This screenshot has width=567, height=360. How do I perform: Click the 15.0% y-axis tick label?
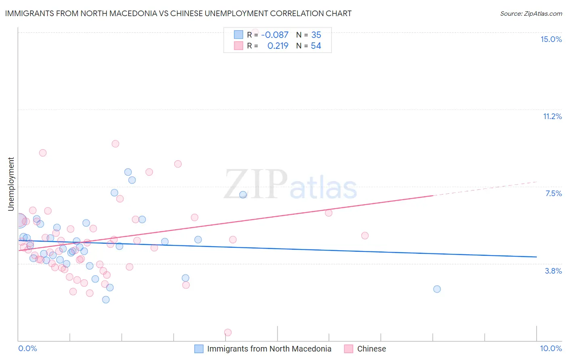(x=551, y=39)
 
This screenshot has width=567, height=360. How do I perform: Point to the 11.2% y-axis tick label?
(x=552, y=116)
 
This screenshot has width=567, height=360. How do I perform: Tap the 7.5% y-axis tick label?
(x=553, y=193)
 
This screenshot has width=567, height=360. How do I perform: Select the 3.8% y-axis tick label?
(x=553, y=271)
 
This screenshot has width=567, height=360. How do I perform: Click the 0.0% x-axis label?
(x=27, y=348)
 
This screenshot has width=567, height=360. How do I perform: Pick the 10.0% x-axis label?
(x=551, y=348)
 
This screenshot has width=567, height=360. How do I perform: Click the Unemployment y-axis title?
(x=11, y=184)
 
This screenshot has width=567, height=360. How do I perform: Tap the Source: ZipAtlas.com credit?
(x=531, y=13)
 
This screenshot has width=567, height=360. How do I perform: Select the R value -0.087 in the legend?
(x=275, y=35)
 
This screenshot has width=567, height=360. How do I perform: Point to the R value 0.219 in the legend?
(x=278, y=46)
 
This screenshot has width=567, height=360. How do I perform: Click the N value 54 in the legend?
(x=316, y=46)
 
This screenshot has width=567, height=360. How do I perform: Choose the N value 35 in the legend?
(x=316, y=35)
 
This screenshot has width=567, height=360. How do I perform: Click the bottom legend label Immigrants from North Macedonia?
(x=269, y=349)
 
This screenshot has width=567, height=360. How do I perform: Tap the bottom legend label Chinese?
(x=371, y=349)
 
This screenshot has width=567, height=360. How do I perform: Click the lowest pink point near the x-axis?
(x=228, y=333)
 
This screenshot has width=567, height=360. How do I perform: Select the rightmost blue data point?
(x=437, y=289)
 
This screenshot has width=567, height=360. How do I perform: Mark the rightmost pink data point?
(x=365, y=236)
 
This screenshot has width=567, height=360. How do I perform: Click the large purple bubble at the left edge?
(x=19, y=221)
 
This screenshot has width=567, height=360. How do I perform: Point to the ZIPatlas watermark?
(x=290, y=185)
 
